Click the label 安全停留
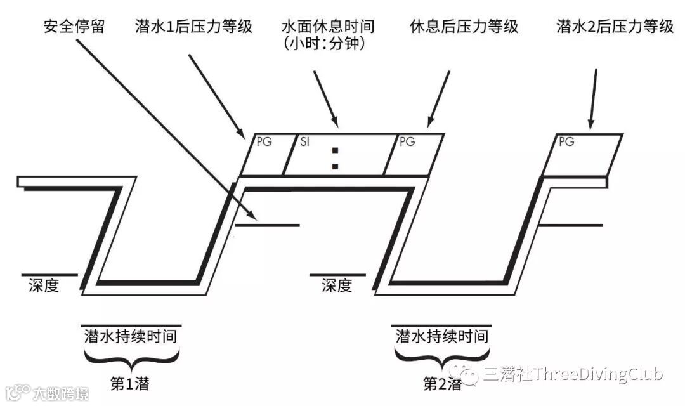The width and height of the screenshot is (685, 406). [74, 27]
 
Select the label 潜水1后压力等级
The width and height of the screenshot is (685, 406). [194, 27]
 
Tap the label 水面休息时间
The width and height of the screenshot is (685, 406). [328, 27]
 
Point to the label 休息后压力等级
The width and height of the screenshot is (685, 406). [464, 27]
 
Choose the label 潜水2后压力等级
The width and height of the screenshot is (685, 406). [614, 27]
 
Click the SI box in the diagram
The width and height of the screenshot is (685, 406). [334, 154]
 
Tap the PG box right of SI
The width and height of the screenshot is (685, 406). [414, 154]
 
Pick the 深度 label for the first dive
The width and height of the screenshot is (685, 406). [44, 286]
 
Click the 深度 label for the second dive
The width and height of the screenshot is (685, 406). [336, 286]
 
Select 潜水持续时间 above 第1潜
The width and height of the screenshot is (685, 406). [130, 335]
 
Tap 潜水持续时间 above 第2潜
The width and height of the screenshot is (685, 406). [442, 335]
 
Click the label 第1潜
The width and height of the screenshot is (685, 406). [131, 384]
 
